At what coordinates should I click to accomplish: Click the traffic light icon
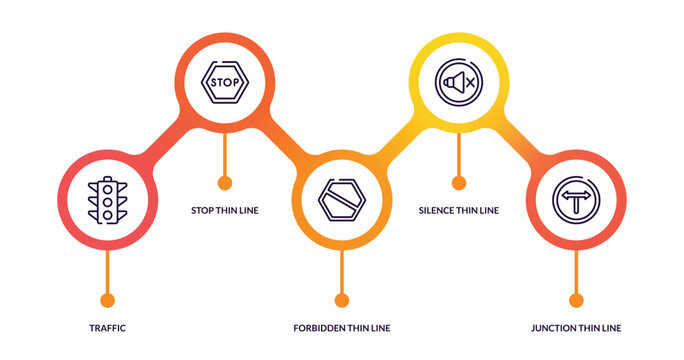[x=107, y=200]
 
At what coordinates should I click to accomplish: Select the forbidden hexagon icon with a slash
[x=341, y=199]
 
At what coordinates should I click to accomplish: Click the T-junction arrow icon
[x=576, y=199]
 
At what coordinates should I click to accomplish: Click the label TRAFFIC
[x=107, y=328]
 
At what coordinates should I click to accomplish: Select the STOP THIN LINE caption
[x=224, y=211]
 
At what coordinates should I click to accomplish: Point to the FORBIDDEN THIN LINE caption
[x=341, y=328]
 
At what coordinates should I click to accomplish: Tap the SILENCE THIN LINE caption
[x=458, y=211]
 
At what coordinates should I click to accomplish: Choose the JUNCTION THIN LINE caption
[x=575, y=328]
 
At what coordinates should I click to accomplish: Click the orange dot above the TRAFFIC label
[x=107, y=300]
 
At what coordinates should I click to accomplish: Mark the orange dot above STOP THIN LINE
[x=224, y=183]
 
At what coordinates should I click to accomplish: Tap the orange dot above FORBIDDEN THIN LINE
[x=341, y=300]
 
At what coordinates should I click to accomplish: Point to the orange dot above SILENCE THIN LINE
[x=459, y=183]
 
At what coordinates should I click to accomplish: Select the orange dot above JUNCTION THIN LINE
[x=576, y=300]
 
